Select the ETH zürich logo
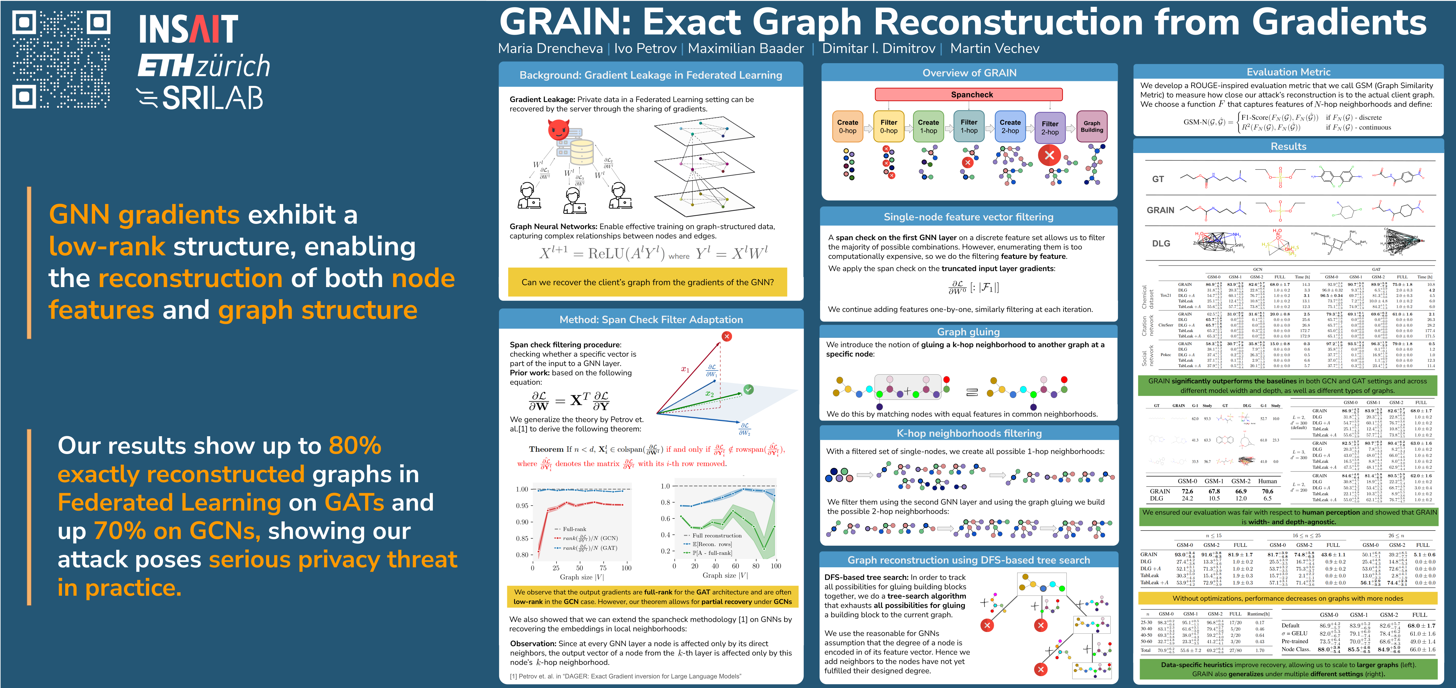point(203,66)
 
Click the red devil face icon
point(559,130)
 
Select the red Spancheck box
point(968,94)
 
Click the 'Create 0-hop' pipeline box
point(847,126)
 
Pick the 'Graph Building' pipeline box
point(1091,126)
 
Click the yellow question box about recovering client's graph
point(647,282)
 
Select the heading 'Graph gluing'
point(968,332)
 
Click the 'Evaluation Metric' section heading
point(1288,72)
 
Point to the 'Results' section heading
point(1288,146)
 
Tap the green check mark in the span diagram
point(748,389)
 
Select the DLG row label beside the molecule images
point(1161,243)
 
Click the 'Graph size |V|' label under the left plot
point(582,577)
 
